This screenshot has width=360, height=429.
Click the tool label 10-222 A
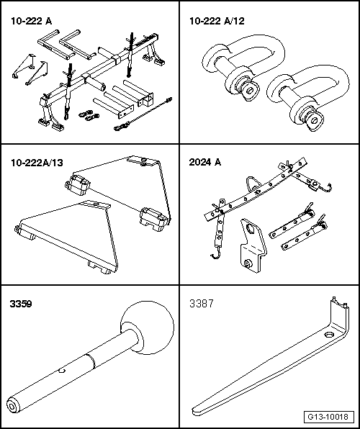[x=31, y=21]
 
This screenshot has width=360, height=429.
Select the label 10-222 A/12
[x=217, y=21]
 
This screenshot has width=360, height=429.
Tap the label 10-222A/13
[x=37, y=163]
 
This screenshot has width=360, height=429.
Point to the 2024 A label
[x=205, y=162]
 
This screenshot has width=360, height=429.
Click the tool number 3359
[x=21, y=304]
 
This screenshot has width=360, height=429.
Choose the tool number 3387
[x=202, y=304]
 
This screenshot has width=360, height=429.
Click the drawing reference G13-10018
[x=328, y=417]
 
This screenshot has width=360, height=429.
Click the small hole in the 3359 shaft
[x=62, y=371]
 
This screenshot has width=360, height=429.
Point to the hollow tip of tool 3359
[x=12, y=407]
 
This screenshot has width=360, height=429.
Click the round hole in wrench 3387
[x=328, y=335]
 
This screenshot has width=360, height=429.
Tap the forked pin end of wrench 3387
[x=338, y=304]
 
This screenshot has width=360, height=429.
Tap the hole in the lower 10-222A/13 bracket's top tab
[x=95, y=204]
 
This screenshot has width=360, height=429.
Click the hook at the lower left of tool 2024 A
[x=215, y=256]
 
